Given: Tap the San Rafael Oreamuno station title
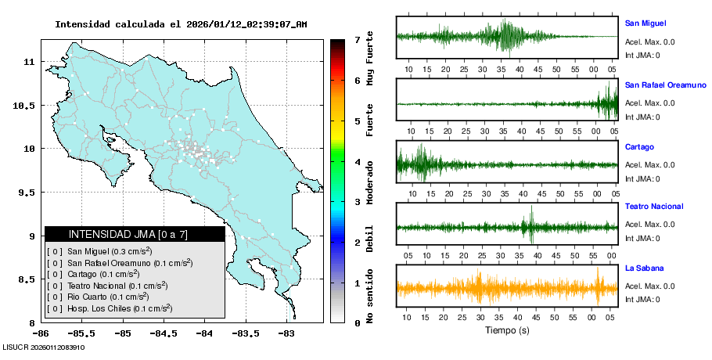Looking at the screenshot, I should click(663, 85).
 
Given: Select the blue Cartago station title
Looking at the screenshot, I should click(639, 146).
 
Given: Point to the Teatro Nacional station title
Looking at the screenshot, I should click(654, 207).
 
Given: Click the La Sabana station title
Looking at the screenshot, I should click(642, 268).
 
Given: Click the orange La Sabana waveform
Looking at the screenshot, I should click(507, 288).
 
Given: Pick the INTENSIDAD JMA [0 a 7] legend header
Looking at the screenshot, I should click(134, 234).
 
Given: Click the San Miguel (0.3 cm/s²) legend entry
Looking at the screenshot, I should click(109, 251).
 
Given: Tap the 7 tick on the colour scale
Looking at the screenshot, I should click(357, 39).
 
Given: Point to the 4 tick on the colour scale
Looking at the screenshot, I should click(357, 162).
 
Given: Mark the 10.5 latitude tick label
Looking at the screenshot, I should click(27, 105).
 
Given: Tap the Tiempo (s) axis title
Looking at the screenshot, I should click(506, 330).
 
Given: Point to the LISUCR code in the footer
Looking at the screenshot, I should click(44, 347).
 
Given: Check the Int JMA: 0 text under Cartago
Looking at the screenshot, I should click(642, 178).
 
